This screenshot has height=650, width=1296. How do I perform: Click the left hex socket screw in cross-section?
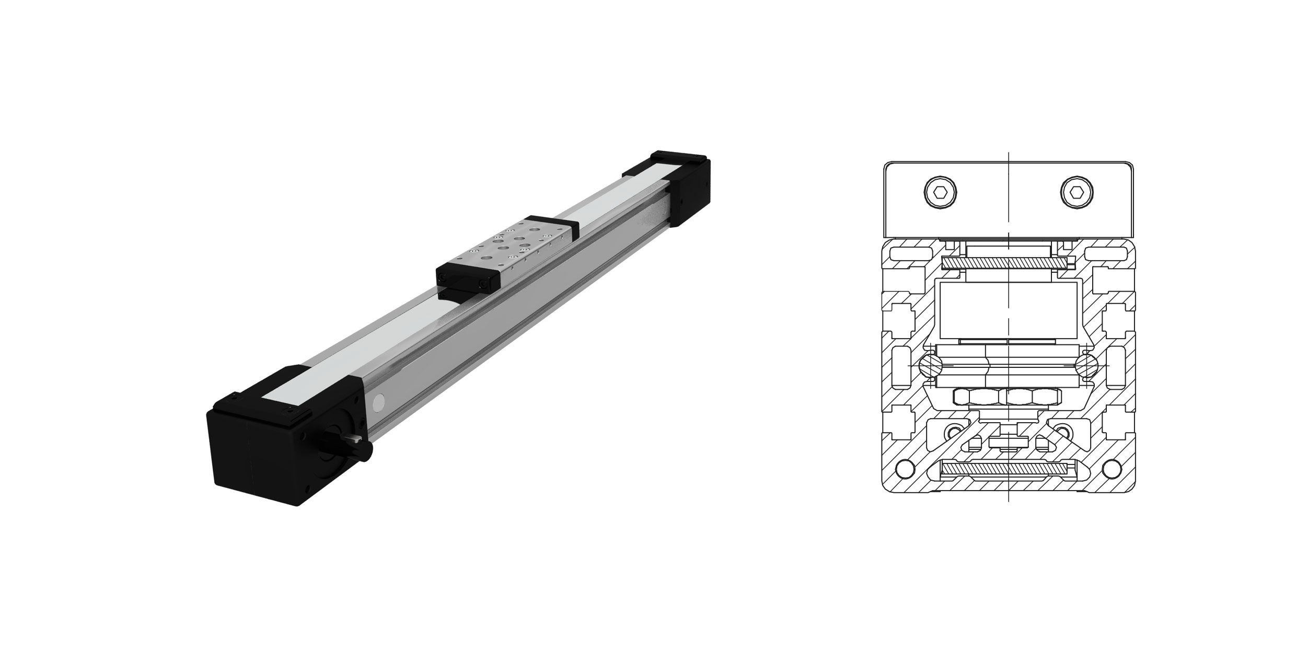point(941,193)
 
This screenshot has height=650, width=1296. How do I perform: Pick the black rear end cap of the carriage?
point(551,226)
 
